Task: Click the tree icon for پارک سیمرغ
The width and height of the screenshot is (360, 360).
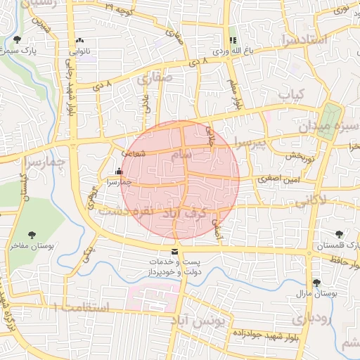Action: coord(17,40)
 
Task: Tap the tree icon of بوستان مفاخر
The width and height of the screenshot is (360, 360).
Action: coord(31,235)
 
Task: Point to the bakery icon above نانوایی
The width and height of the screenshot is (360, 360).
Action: coord(79,40)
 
